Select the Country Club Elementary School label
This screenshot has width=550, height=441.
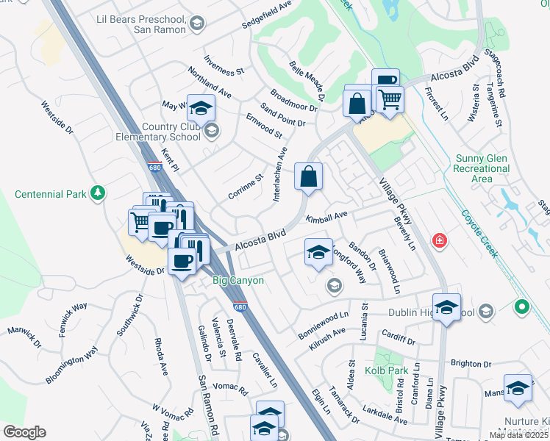coord(157,132)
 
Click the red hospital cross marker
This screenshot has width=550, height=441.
coord(440,240)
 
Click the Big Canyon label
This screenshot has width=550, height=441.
coord(238,280)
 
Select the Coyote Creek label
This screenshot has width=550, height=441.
coord(480,234)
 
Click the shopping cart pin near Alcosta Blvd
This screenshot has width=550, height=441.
coord(390,98)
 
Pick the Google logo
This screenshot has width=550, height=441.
coord(24,431)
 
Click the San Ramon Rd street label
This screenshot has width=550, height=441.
coord(208,405)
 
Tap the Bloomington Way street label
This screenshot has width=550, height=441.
coord(71,364)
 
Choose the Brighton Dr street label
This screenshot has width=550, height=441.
coord(471,363)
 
